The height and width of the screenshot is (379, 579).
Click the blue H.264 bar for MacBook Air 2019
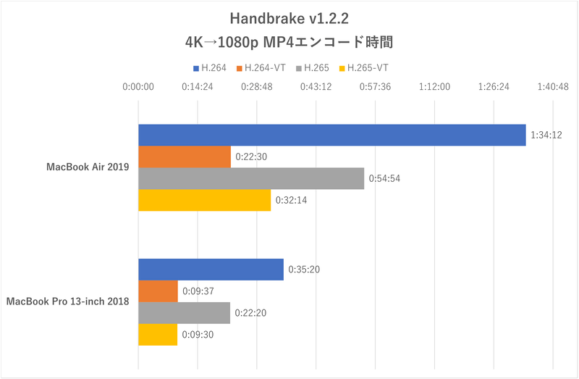[331, 136]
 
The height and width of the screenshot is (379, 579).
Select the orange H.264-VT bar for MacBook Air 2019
[185, 157]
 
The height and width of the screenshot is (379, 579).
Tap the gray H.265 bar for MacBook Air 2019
[251, 178]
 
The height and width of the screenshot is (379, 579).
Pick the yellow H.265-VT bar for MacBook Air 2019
[204, 200]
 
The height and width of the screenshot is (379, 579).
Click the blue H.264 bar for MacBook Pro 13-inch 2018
[211, 270]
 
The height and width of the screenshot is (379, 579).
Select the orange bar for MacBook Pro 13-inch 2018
[158, 291]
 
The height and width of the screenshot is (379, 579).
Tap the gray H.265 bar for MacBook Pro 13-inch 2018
[184, 313]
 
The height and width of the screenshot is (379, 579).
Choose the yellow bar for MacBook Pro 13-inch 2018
[158, 335]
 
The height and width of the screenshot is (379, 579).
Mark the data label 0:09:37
[197, 291]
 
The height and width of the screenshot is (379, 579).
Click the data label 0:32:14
[290, 200]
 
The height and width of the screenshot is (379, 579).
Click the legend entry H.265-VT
[367, 68]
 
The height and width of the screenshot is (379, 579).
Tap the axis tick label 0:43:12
[316, 87]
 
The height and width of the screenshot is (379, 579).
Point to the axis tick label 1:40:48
[553, 87]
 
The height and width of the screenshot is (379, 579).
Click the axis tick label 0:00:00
[138, 87]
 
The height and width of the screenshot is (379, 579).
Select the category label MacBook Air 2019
[87, 167]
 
